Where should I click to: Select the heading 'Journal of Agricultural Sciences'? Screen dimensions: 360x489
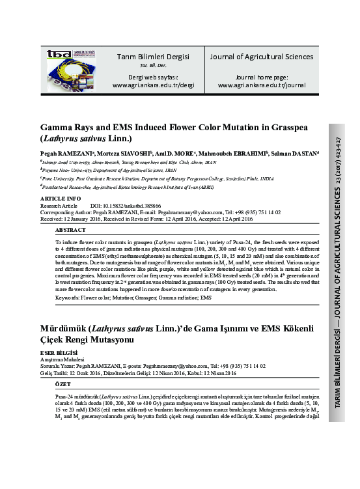pos(261,57)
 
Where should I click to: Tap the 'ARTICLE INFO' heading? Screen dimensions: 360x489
pos(61,198)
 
